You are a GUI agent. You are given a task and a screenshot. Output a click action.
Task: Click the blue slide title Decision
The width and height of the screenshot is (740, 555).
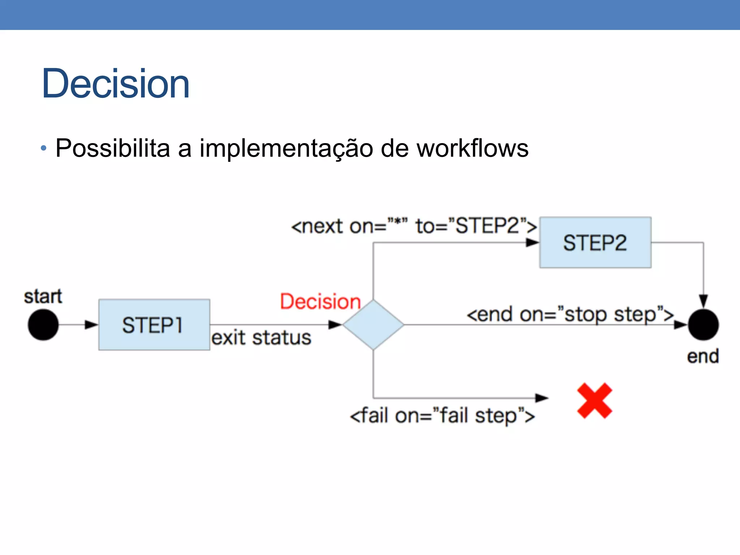point(116,84)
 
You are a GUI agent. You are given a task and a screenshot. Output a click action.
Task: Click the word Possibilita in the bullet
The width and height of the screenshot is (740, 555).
point(112,148)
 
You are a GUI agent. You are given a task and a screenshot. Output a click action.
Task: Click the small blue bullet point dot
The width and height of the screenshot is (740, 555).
point(44,148)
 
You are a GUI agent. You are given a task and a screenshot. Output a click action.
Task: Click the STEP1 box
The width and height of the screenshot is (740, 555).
point(154,324)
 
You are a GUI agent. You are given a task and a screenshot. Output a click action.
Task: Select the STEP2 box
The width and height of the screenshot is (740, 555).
point(595,242)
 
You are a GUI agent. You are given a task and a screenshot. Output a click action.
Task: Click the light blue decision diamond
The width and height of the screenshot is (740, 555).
point(373,324)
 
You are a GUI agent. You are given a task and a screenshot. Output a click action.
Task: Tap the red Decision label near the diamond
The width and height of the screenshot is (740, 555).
point(320,301)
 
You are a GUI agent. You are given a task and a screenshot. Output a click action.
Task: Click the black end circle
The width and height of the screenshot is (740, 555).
point(703,324)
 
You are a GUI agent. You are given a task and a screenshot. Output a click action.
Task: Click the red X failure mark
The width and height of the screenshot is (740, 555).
point(594,401)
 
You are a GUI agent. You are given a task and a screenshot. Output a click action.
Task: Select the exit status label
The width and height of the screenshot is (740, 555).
point(261,338)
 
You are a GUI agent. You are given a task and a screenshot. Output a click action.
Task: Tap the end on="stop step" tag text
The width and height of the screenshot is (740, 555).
point(570,314)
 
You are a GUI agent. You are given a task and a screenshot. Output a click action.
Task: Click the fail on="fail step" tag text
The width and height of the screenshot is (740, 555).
point(442,416)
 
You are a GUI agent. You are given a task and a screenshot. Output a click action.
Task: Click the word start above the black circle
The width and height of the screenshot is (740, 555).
point(43,297)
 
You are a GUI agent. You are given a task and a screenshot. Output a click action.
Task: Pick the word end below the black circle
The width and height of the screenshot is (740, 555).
point(703,356)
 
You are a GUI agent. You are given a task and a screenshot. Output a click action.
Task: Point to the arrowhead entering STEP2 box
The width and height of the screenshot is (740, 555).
point(532,243)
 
